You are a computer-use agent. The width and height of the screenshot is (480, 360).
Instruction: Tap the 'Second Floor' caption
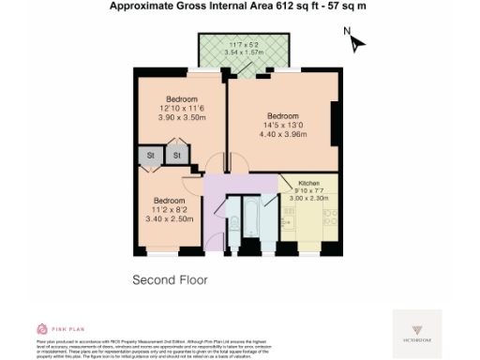tap(169, 279)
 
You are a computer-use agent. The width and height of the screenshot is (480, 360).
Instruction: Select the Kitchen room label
tap(308, 183)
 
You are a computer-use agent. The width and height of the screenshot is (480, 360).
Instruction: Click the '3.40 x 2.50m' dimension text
tap(170, 218)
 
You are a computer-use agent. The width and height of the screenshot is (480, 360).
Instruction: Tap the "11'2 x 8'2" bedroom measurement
tap(170, 210)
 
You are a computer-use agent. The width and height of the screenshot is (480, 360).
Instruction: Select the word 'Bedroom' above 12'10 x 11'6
tap(182, 100)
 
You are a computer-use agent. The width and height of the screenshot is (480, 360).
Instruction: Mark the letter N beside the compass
tap(346, 32)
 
